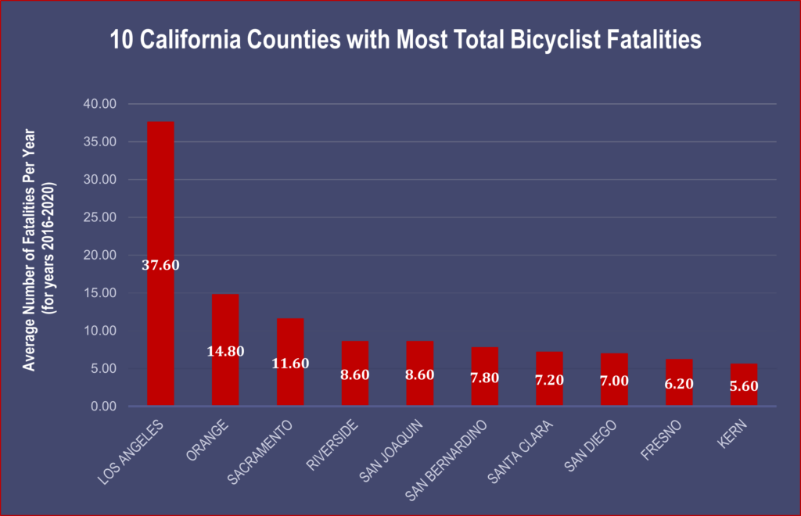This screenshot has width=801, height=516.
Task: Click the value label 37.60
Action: click(x=160, y=265)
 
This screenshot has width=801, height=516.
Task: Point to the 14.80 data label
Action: click(x=225, y=351)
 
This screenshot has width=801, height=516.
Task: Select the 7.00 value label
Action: click(x=614, y=380)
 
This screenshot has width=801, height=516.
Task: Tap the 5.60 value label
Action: click(x=744, y=385)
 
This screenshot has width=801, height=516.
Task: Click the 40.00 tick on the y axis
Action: click(x=99, y=104)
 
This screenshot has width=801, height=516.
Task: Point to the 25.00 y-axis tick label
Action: click(x=99, y=217)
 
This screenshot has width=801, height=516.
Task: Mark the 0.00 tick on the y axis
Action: click(x=102, y=407)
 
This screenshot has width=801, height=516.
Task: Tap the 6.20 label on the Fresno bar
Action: click(x=679, y=384)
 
